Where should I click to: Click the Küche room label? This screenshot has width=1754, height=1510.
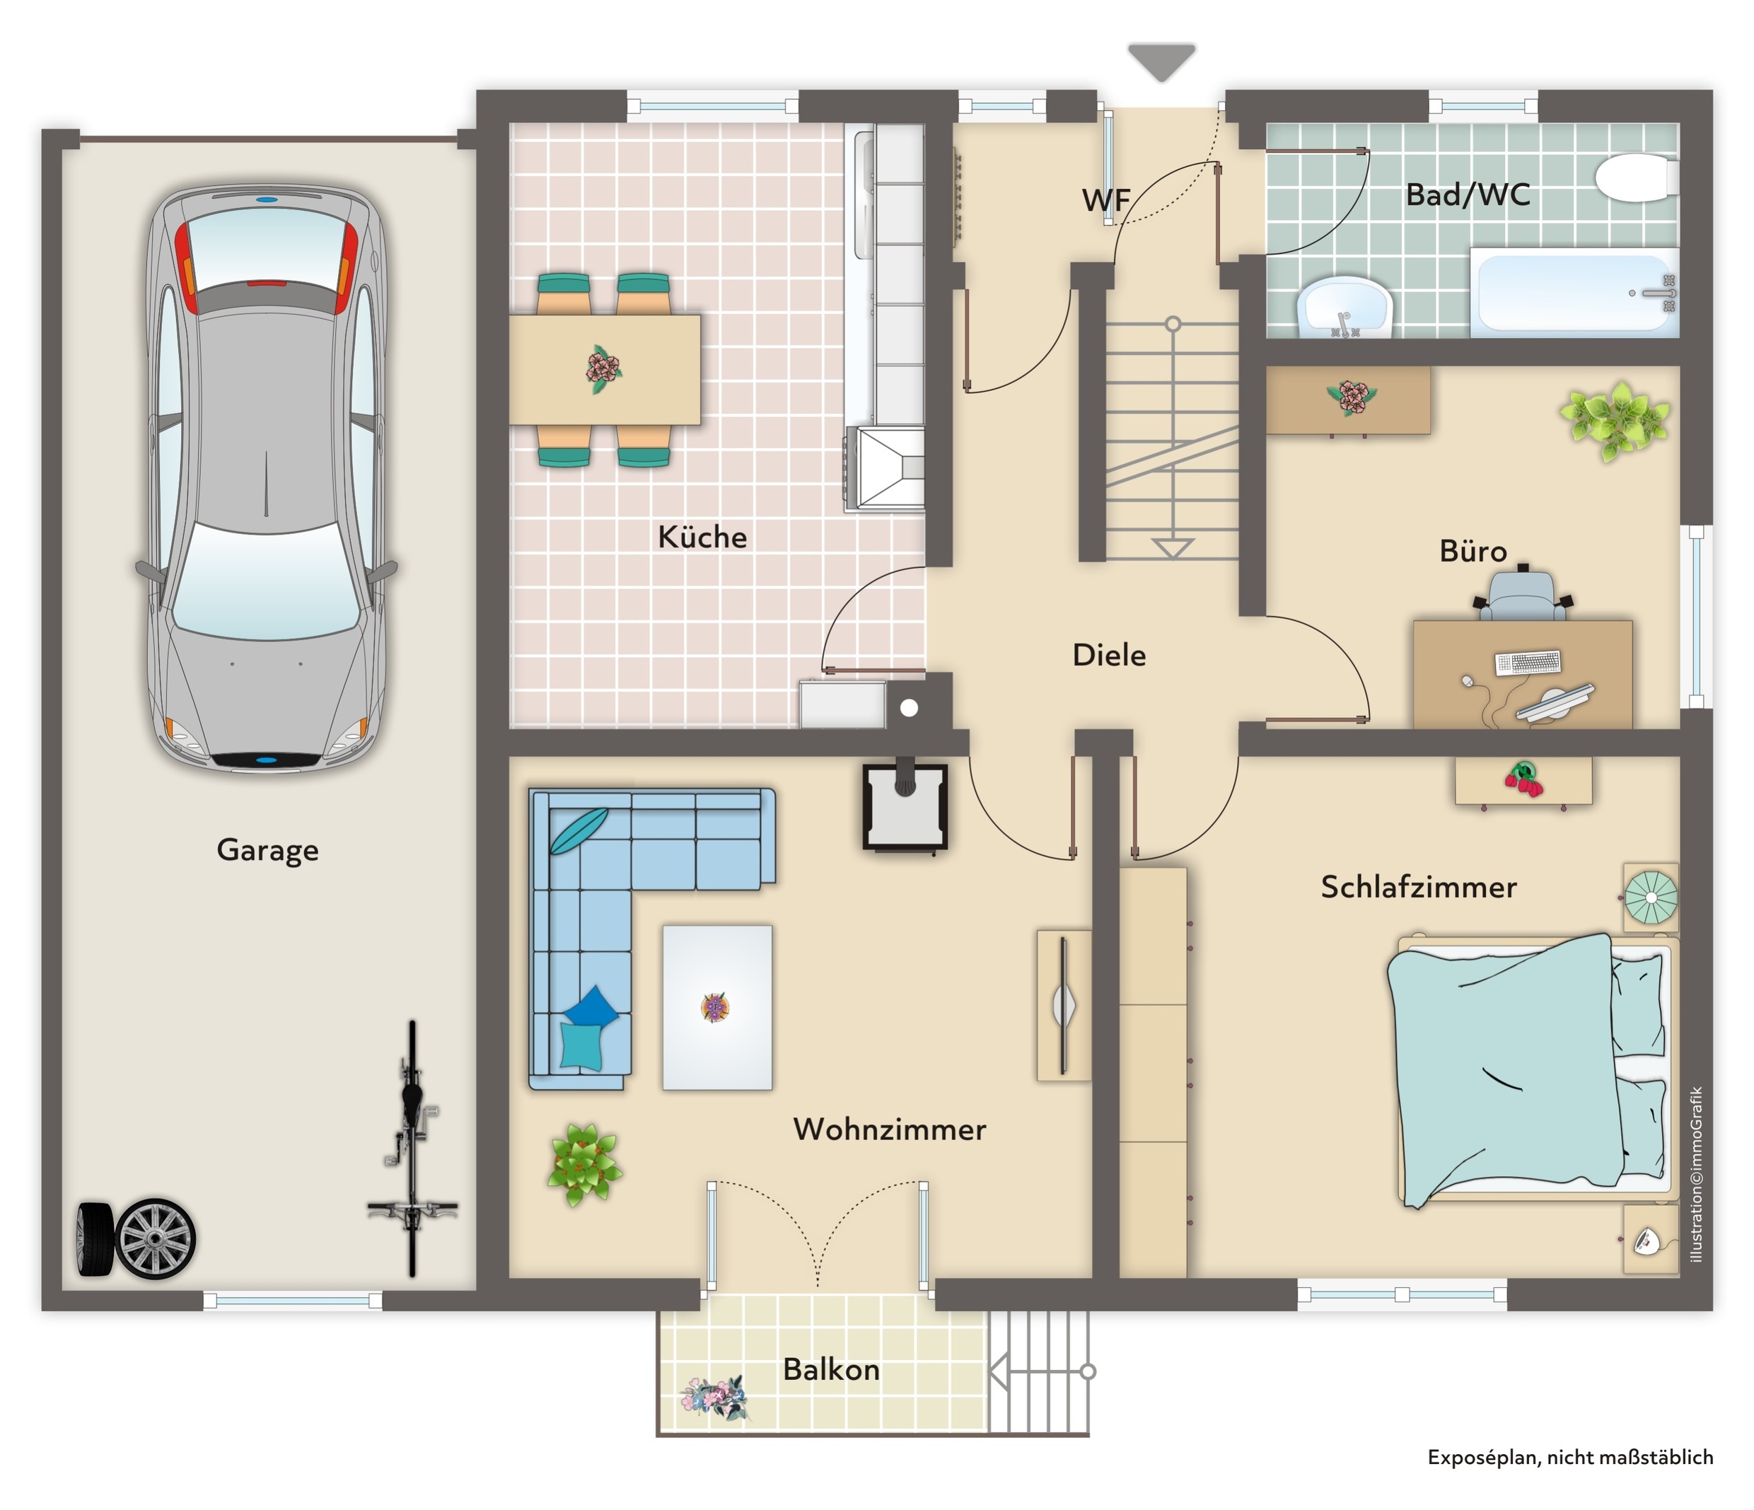point(702,538)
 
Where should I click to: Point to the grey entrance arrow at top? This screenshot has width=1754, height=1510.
point(1161,62)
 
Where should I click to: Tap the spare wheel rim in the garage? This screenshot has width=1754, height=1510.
point(155,1238)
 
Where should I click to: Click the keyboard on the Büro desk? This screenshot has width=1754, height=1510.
point(1528,662)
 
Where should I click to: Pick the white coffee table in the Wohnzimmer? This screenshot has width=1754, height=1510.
point(717,1007)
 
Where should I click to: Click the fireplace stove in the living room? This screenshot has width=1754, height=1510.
point(905,806)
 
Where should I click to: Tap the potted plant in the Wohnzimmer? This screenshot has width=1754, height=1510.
point(584,1164)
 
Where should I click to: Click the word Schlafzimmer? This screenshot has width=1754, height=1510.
point(1419,887)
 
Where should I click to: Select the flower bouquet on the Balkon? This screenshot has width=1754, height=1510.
point(715,1398)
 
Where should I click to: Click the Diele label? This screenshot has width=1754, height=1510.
point(1109,655)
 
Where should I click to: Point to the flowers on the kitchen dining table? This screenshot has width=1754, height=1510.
point(603,369)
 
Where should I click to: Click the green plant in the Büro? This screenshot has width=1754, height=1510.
point(1615,419)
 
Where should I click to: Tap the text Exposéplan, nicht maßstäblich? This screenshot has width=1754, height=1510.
point(1570,1458)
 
